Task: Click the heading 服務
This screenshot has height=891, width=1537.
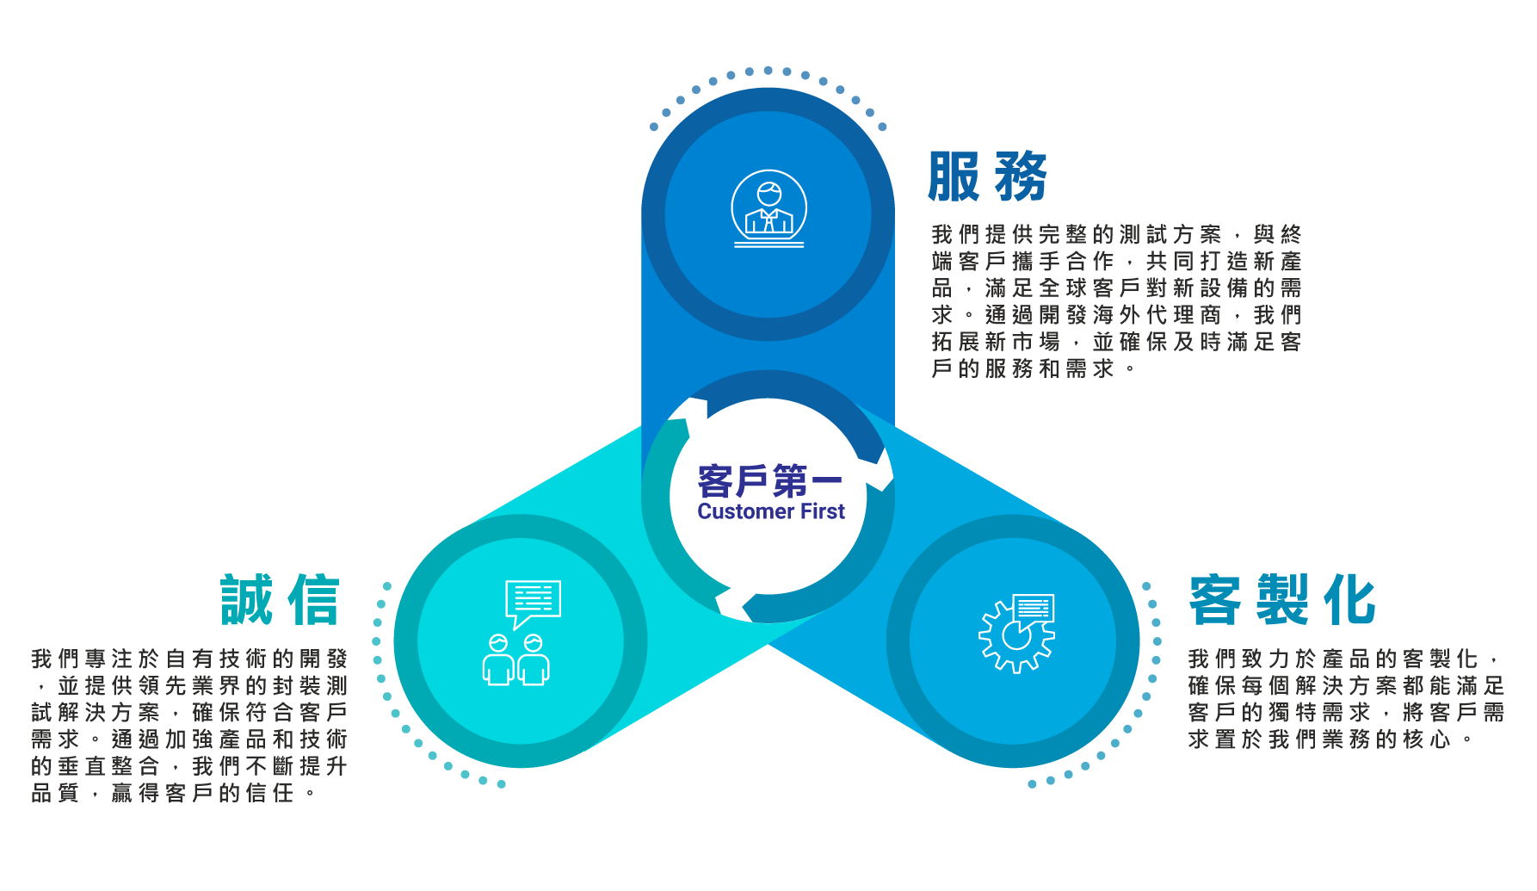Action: [x=988, y=176]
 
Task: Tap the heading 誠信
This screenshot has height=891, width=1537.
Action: [x=281, y=599]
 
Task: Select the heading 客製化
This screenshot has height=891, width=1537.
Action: [x=1282, y=599]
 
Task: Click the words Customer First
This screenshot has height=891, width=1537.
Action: [x=771, y=511]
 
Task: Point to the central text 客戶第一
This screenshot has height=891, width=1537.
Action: [x=770, y=480]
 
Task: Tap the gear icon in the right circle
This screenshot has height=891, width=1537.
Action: [x=1016, y=634]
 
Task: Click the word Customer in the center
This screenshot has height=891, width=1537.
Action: [x=746, y=511]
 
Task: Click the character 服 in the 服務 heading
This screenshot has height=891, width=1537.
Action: [x=954, y=176]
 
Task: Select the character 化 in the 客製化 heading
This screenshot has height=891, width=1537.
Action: [x=1350, y=599]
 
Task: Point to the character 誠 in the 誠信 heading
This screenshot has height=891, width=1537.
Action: [x=247, y=599]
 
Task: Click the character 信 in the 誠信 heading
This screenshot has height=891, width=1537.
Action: [x=314, y=599]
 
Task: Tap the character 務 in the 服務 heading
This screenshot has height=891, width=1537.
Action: [x=1022, y=176]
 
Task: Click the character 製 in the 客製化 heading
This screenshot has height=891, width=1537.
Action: [x=1282, y=599]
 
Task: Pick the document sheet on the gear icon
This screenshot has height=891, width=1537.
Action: [x=1034, y=609]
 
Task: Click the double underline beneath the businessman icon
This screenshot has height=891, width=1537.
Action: [x=769, y=244]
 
